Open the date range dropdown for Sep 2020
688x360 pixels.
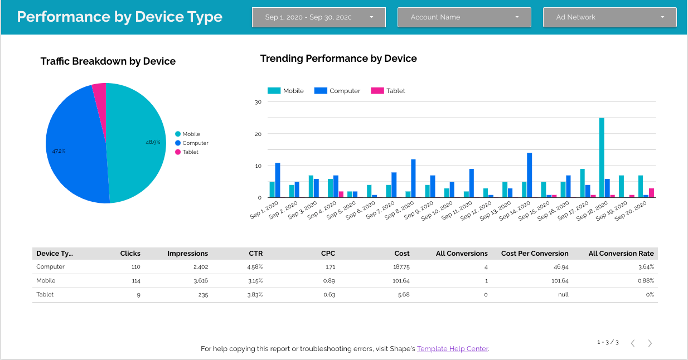point(318,17)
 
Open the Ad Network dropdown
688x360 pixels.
point(609,17)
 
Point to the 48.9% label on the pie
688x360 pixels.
point(153,142)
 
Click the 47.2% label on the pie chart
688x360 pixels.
point(59,151)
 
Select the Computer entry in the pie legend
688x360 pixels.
point(195,143)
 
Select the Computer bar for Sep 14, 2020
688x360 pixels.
point(530,175)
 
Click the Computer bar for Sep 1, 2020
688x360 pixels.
point(278,180)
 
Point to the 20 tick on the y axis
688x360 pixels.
point(258,134)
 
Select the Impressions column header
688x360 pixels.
point(187,254)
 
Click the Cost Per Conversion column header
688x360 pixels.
point(535,254)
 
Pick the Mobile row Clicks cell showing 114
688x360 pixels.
point(135,281)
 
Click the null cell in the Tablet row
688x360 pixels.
point(563,295)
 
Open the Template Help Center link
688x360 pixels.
point(452,349)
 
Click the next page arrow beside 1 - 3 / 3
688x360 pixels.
point(650,343)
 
